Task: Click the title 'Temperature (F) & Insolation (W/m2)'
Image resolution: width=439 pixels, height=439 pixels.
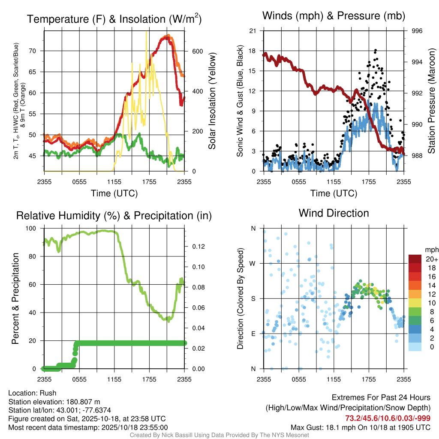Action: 114,19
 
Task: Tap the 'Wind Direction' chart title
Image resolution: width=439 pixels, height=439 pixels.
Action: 334,213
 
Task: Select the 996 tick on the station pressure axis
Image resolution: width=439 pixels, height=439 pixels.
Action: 417,31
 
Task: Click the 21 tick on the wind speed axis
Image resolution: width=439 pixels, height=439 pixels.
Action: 253,31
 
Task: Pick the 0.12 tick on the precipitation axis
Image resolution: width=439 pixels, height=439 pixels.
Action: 194,247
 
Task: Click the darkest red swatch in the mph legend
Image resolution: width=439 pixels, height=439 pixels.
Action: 415,259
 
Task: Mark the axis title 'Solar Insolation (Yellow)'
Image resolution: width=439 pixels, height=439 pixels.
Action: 212,101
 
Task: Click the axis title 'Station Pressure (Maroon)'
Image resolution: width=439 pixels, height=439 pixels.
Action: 432,101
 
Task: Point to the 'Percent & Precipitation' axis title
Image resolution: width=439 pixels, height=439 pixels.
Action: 15,298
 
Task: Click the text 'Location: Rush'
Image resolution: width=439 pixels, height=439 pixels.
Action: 32,393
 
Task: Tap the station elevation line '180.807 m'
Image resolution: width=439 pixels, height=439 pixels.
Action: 54,402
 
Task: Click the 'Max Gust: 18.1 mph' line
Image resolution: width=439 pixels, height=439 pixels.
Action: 360,427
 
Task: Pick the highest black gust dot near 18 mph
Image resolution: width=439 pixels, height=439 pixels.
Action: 376,50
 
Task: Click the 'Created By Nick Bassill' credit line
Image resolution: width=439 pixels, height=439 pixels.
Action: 219,435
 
